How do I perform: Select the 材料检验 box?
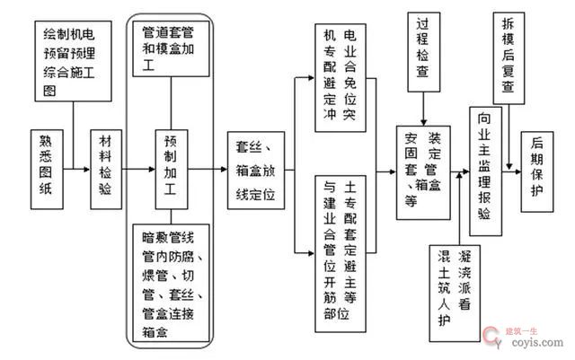[105, 167]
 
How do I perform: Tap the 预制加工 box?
[170, 167]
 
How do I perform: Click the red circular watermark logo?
[493, 336]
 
